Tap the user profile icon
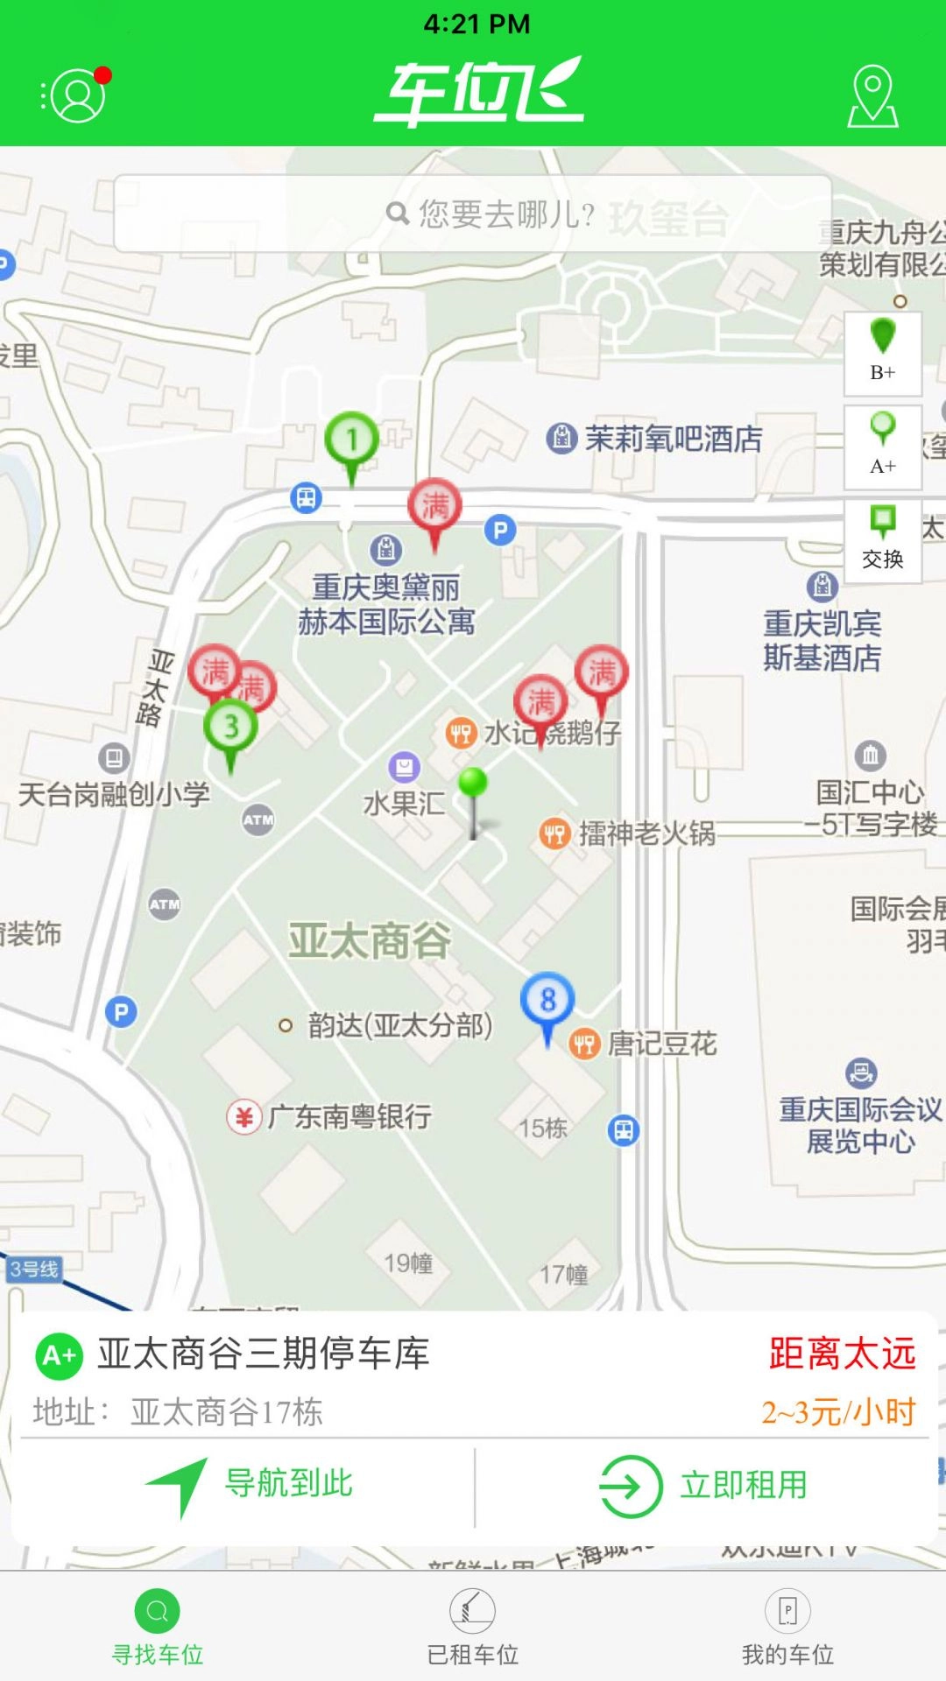[77, 95]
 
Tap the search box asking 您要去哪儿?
[473, 214]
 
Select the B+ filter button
[883, 353]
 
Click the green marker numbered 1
[352, 440]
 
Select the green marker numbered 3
[230, 727]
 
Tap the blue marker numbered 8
[547, 1001]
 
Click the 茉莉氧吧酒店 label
[673, 439]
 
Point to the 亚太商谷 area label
[370, 941]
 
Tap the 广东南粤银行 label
[349, 1117]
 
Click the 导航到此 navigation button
[250, 1485]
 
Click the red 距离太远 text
[842, 1354]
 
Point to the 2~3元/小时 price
[838, 1412]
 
